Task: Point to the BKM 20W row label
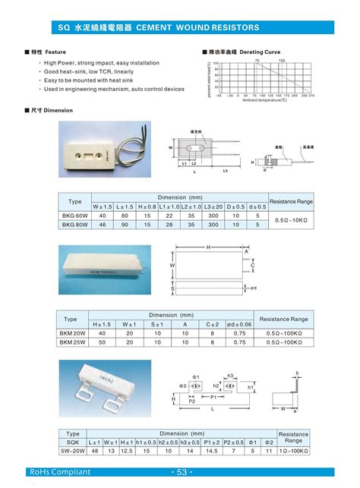pyautogui.click(x=74, y=333)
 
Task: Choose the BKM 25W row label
pyautogui.click(x=74, y=343)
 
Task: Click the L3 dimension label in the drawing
pyautogui.click(x=225, y=171)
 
